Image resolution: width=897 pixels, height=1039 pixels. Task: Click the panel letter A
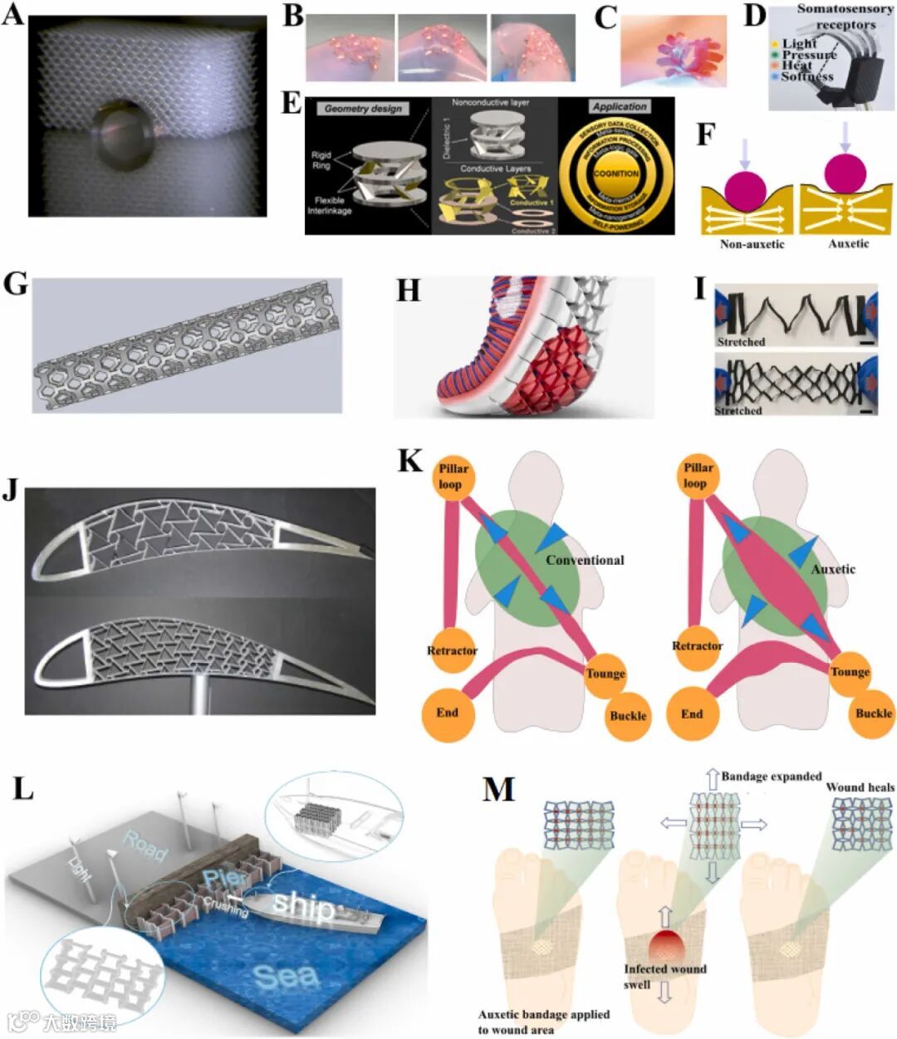[x=13, y=16]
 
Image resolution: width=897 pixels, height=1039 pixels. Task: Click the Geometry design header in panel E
[x=363, y=109]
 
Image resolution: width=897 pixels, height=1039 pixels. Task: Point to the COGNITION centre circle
[x=616, y=174]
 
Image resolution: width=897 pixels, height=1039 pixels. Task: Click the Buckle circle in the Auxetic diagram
[x=874, y=713]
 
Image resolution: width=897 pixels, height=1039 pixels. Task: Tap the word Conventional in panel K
[x=585, y=560]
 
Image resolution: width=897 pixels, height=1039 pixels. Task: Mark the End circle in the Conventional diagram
[x=447, y=713]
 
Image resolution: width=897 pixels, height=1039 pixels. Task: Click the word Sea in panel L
[x=286, y=976]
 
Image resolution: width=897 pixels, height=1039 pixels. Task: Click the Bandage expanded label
[x=771, y=777]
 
